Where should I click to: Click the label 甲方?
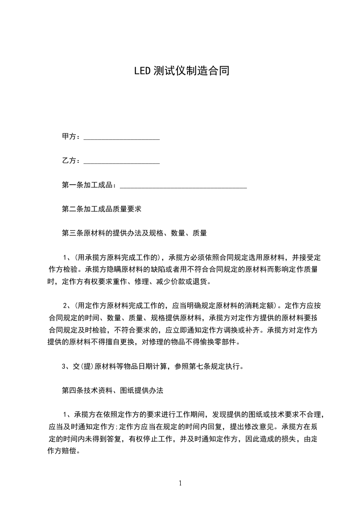[x=69, y=137]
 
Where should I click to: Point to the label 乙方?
[x=69, y=161]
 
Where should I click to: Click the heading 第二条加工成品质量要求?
[x=102, y=209]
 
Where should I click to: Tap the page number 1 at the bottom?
[x=180, y=483]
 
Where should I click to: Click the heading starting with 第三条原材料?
[x=134, y=233]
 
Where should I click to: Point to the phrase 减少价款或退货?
[x=180, y=281]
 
